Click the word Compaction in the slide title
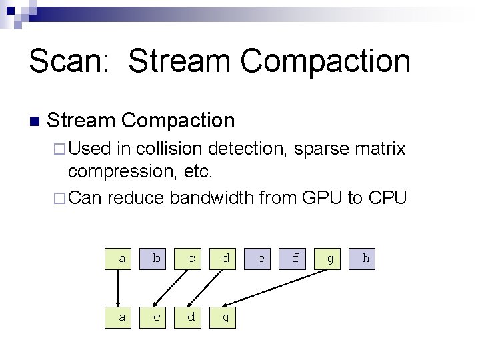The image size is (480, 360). (x=325, y=61)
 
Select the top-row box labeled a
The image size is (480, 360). (x=121, y=258)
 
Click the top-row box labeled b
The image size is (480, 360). (x=156, y=258)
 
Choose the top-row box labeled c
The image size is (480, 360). (x=191, y=258)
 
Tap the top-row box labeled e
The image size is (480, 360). (x=261, y=258)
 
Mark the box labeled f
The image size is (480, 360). (x=295, y=258)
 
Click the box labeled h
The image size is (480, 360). (x=365, y=258)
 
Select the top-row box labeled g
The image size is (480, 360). (x=330, y=258)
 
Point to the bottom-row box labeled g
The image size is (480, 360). (x=225, y=317)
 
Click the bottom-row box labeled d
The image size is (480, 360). (x=191, y=317)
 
